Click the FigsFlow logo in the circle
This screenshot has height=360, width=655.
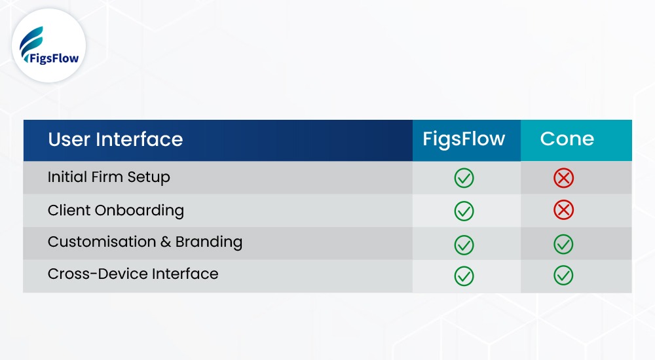tap(48, 46)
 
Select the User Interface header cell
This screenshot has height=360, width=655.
tap(115, 139)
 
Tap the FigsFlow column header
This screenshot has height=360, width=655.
tap(464, 139)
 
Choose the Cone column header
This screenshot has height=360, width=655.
tap(567, 139)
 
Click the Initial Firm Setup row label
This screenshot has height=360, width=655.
tap(109, 177)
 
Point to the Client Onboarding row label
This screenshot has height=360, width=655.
tap(115, 211)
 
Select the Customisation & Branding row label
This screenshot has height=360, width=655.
tap(145, 242)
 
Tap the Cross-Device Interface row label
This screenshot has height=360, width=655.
tap(133, 274)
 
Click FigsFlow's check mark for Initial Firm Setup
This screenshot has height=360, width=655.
tap(464, 178)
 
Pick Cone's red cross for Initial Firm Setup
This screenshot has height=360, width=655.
tap(563, 178)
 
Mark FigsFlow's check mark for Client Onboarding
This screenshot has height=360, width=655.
tap(464, 211)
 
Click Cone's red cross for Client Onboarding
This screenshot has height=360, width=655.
tap(563, 210)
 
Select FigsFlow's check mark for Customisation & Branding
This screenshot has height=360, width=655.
tap(464, 244)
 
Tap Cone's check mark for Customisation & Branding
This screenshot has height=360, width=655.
tap(563, 244)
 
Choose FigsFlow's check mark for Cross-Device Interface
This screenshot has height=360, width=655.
tap(464, 276)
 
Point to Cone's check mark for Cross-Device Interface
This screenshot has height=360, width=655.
tap(563, 276)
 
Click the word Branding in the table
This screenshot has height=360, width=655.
tap(209, 242)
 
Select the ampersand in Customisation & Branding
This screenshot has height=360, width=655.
tap(166, 242)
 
